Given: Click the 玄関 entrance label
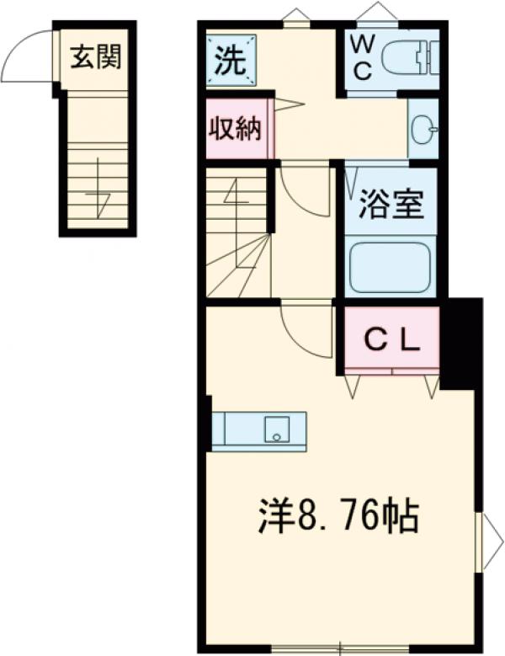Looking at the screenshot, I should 95,57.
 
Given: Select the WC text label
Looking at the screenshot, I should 362,57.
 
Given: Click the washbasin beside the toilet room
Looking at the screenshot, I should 423,129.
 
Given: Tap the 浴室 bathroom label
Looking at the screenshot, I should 391,205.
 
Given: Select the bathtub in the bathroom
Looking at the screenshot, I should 391,268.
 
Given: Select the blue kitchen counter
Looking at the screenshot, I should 258,430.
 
